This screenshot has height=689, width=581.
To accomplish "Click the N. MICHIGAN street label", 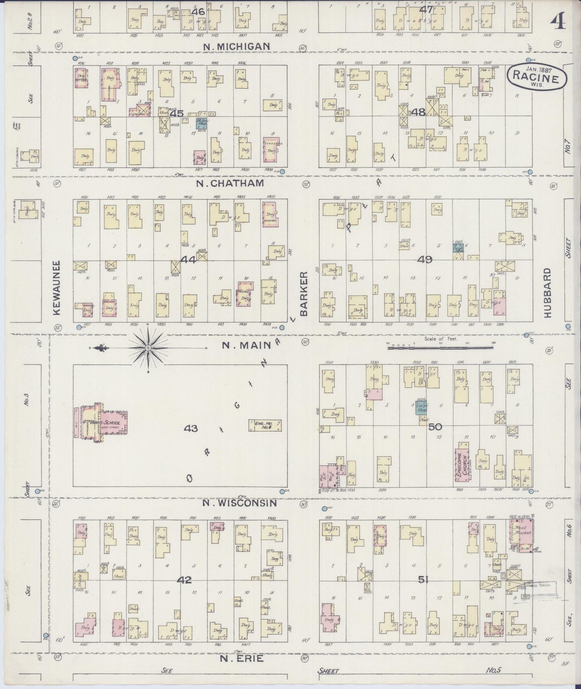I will pyautogui.click(x=236, y=47).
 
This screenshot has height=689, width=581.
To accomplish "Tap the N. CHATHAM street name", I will pyautogui.click(x=230, y=183).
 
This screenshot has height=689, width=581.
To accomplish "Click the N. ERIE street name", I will pyautogui.click(x=242, y=658).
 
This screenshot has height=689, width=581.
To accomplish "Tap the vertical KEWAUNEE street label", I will pyautogui.click(x=56, y=288).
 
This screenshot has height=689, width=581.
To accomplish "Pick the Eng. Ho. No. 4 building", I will pyautogui.click(x=265, y=425).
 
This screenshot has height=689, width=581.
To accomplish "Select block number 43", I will pyautogui.click(x=191, y=429).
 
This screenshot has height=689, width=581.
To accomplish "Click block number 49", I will pyautogui.click(x=425, y=260).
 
